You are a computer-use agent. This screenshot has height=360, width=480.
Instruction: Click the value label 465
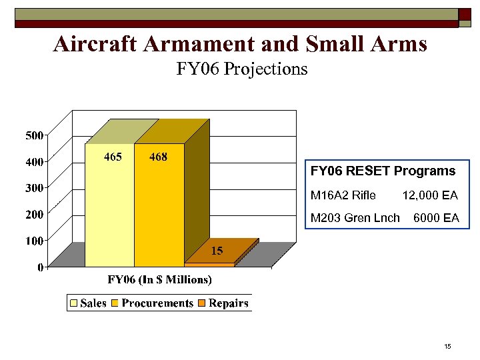(113, 157)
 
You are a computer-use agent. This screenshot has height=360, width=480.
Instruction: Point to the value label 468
(158, 157)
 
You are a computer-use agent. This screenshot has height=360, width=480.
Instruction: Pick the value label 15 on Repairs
(217, 251)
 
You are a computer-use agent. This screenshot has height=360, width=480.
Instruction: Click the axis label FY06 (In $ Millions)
(160, 279)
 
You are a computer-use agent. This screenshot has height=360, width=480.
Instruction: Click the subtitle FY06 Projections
(242, 69)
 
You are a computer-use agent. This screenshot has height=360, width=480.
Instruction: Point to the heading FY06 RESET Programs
(383, 171)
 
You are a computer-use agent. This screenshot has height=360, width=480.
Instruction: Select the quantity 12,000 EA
(430, 195)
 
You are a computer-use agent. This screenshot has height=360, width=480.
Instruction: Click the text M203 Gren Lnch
(355, 218)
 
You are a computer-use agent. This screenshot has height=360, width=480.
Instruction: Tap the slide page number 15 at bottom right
(447, 346)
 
